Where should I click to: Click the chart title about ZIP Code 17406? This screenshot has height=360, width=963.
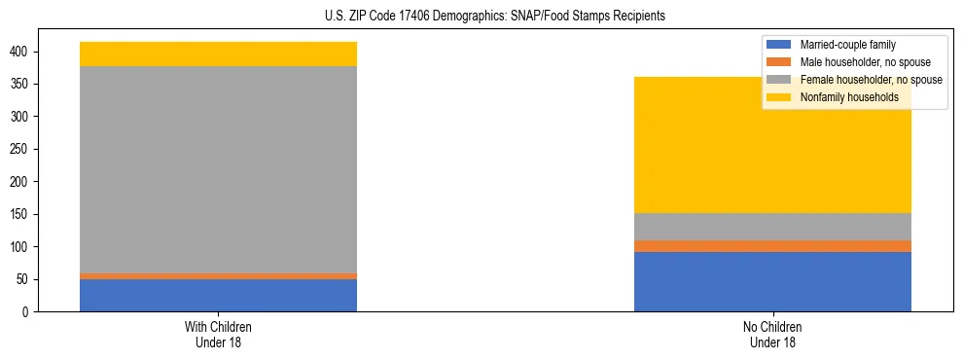481,17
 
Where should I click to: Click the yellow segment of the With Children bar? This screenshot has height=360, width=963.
218,54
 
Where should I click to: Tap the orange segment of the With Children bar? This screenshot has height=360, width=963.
218,276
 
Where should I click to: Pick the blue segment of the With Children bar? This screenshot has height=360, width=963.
218,296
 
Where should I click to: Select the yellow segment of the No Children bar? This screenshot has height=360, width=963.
772,145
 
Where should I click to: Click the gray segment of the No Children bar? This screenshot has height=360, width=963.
772,227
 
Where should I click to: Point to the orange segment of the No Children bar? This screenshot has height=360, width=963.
772,246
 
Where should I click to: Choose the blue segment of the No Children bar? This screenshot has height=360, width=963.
772,282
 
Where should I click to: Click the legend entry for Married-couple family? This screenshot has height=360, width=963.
846,45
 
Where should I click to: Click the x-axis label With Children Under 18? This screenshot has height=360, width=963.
218,334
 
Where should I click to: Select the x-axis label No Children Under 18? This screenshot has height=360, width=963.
772,334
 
